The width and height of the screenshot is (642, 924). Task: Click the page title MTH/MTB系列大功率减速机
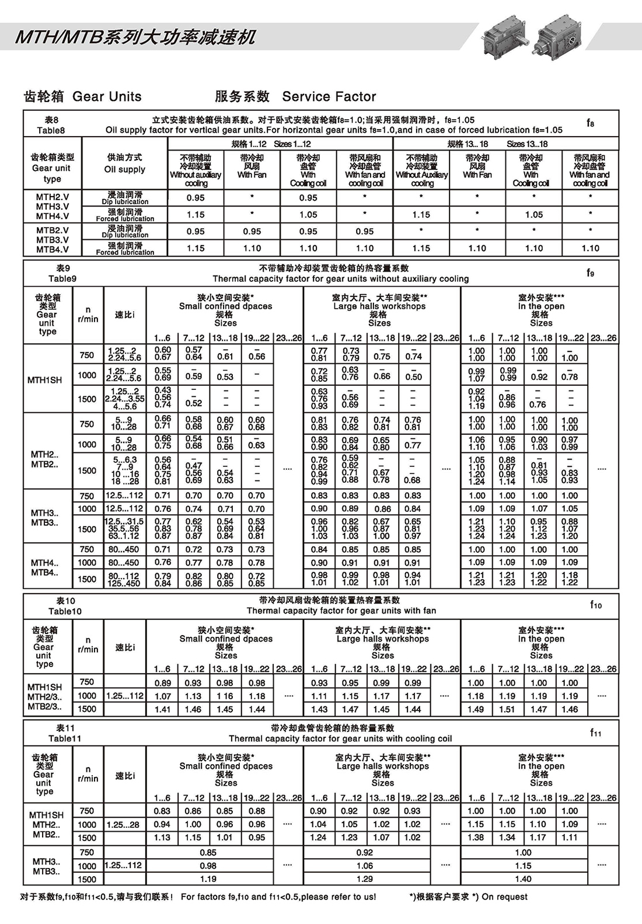(x=135, y=38)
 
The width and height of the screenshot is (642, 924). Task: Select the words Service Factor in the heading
(x=329, y=96)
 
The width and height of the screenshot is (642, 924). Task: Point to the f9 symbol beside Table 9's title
(x=590, y=273)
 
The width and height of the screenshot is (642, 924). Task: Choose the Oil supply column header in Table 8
(x=124, y=163)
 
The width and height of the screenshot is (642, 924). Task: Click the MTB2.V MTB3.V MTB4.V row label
(x=52, y=239)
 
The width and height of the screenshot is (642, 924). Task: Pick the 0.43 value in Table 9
(x=163, y=390)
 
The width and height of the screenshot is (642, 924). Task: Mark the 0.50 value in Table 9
(x=413, y=377)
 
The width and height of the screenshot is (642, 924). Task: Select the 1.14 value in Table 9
(x=507, y=482)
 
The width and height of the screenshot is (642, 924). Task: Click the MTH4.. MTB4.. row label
(x=45, y=567)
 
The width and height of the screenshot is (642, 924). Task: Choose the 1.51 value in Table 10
(x=507, y=709)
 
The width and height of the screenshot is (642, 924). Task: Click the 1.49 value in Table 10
(x=476, y=709)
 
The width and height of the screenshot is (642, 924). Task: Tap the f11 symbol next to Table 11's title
(x=595, y=733)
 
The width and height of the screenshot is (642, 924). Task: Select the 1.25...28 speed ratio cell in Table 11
(x=125, y=824)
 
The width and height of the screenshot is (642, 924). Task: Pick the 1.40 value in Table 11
(x=524, y=878)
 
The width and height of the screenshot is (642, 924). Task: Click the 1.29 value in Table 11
(x=365, y=878)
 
